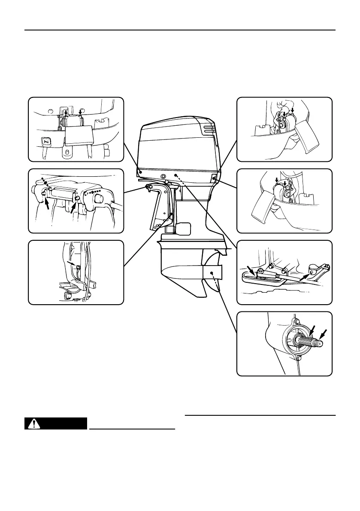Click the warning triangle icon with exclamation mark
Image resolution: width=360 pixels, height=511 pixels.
[32, 424]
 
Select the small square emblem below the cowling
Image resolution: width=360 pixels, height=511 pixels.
[163, 176]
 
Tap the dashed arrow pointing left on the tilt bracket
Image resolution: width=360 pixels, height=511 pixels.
[97, 191]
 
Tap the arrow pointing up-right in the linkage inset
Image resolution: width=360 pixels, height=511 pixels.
[304, 276]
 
